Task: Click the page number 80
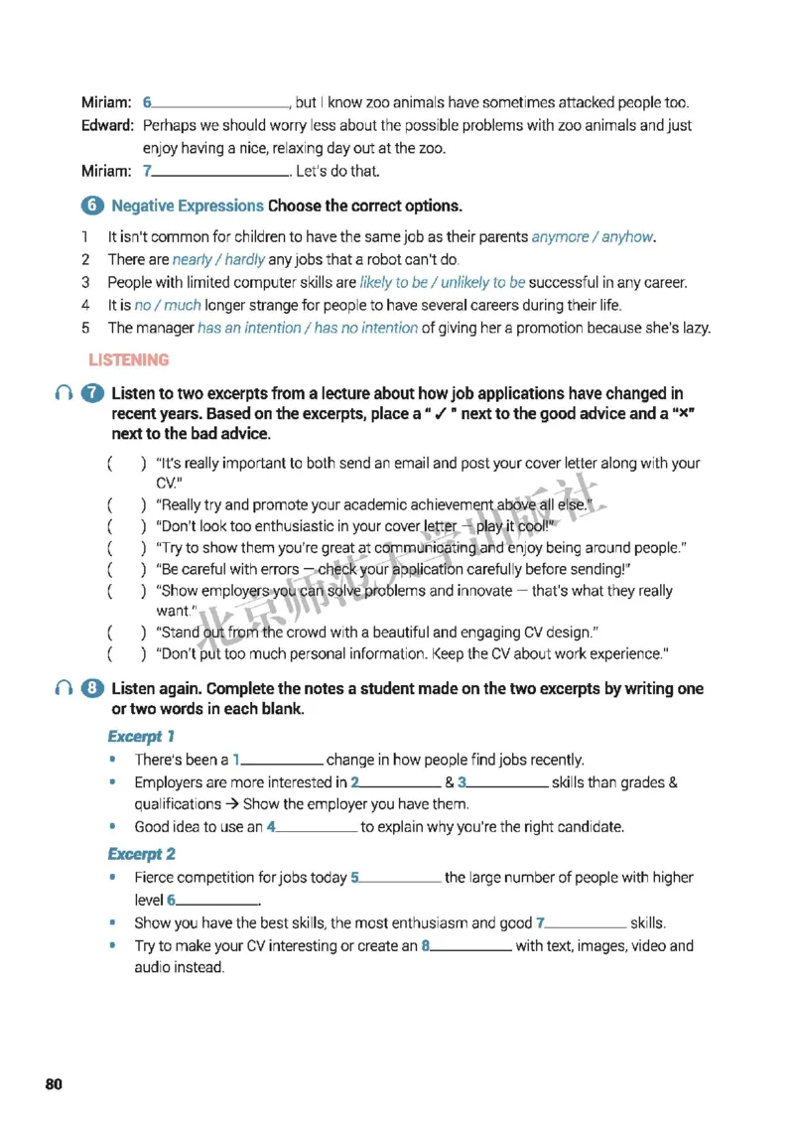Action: [54, 1084]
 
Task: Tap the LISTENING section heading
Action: [129, 359]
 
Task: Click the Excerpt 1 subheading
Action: [141, 736]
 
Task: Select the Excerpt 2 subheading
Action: [142, 853]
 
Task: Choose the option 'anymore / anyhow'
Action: [594, 236]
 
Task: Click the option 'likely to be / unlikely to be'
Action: [443, 282]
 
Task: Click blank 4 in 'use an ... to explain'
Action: [316, 827]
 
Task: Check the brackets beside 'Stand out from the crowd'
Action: [126, 633]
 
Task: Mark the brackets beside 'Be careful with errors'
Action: [126, 569]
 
